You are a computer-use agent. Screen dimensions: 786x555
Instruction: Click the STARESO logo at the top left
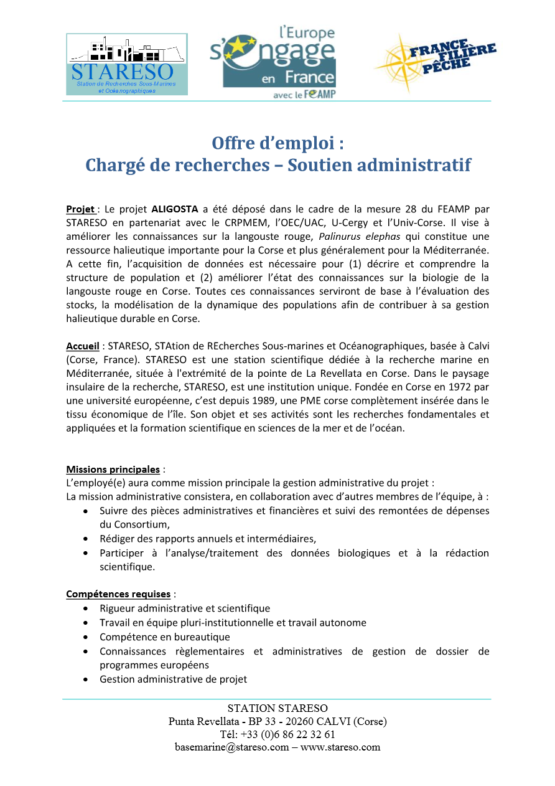[x=126, y=64]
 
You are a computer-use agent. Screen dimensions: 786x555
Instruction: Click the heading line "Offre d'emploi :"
[x=277, y=143]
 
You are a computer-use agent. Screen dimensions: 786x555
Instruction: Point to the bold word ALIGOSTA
[x=175, y=209]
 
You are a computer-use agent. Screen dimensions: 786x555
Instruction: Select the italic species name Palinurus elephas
[x=357, y=236]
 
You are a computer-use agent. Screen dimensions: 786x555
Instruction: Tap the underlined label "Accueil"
[x=83, y=346]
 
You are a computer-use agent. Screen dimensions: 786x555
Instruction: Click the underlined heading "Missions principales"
[x=113, y=469]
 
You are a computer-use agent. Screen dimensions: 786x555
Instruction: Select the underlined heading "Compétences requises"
[x=118, y=594]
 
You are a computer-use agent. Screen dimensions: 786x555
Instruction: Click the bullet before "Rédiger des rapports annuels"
[x=85, y=539]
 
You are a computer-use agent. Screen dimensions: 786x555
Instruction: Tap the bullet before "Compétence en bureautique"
[x=85, y=637]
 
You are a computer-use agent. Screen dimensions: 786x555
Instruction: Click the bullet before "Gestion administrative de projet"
[x=85, y=679]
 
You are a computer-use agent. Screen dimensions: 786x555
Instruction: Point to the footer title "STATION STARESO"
[x=277, y=708]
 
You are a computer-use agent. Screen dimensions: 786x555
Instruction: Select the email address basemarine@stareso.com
[x=231, y=747]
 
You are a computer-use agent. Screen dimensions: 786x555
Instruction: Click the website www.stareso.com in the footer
[x=340, y=747]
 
